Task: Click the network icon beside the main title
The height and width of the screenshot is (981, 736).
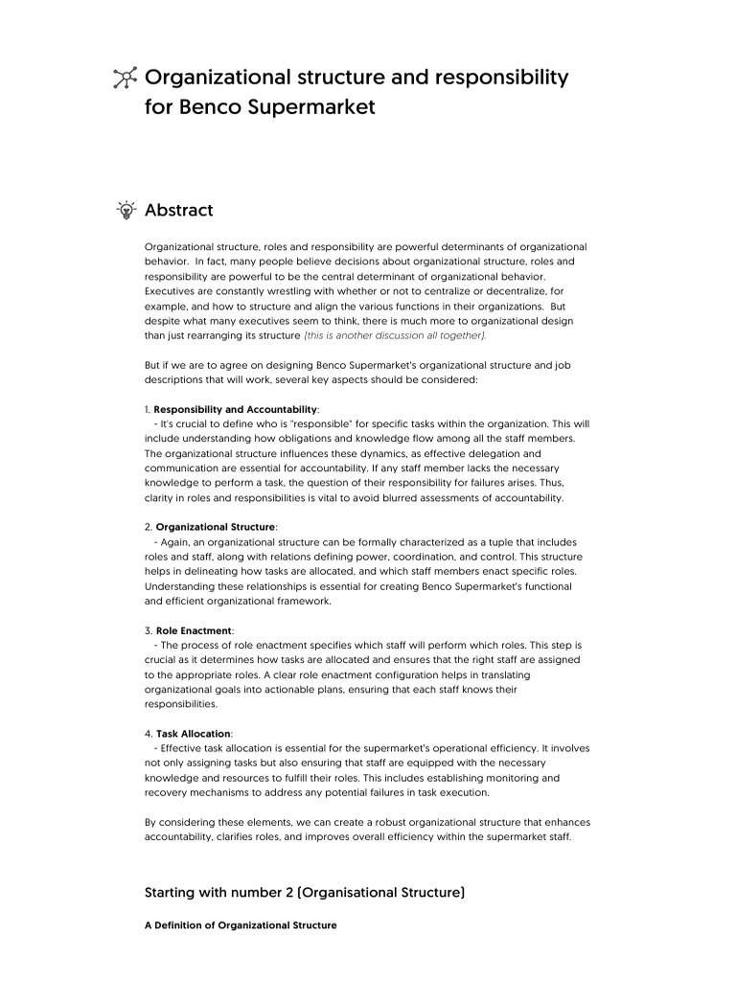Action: click(125, 79)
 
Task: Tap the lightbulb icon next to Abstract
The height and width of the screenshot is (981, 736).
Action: click(125, 210)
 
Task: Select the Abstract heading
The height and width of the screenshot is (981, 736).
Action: click(178, 210)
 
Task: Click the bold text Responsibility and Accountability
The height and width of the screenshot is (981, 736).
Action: click(236, 409)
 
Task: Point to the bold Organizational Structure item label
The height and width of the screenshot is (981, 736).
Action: click(216, 527)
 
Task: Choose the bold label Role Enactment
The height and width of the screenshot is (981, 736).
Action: click(194, 631)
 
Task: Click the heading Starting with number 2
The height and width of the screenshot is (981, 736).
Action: click(305, 892)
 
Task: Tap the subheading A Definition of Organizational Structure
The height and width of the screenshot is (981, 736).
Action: click(241, 925)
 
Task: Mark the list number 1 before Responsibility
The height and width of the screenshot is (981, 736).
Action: click(147, 409)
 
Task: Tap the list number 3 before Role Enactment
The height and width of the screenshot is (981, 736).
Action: click(147, 631)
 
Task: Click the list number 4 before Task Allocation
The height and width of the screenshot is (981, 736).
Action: click(148, 733)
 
